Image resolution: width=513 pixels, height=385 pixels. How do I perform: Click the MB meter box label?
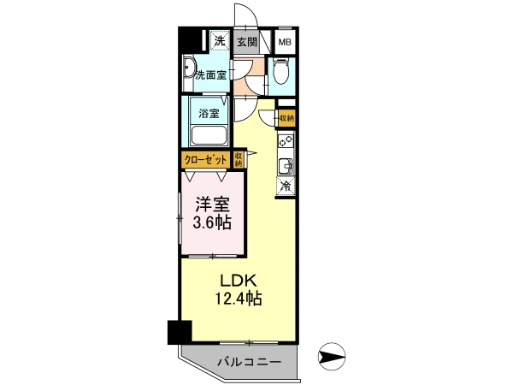click(x=285, y=42)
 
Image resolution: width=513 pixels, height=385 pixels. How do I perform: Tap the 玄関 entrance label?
click(x=247, y=42)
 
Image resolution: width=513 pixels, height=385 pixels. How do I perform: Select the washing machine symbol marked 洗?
click(x=220, y=40)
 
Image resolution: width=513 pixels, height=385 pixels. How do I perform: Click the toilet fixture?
click(x=280, y=71)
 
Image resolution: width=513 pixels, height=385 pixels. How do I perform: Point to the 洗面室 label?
click(x=211, y=75)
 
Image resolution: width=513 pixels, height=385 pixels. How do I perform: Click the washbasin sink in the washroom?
click(x=189, y=68)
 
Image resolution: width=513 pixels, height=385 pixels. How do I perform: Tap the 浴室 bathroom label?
click(x=209, y=114)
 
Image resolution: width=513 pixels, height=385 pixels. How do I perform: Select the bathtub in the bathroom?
click(x=209, y=135)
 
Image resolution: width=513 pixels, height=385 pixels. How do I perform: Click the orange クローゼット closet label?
click(x=206, y=160)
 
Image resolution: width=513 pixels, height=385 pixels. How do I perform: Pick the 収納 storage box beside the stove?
click(x=287, y=118)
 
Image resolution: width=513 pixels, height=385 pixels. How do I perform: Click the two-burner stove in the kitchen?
click(x=286, y=141)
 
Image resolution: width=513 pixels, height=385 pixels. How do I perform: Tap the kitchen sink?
click(x=286, y=166)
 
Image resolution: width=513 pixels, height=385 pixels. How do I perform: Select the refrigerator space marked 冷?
click(x=286, y=186)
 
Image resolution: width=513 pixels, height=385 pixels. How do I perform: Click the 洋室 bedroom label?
click(x=213, y=205)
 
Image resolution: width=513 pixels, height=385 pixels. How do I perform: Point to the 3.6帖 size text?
click(x=212, y=223)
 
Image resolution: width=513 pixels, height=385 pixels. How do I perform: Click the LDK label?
click(x=238, y=281)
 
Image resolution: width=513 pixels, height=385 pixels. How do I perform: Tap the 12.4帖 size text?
click(x=239, y=299)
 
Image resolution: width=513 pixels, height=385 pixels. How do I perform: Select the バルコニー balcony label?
click(x=250, y=362)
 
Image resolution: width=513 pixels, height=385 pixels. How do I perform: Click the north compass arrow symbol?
click(x=332, y=356)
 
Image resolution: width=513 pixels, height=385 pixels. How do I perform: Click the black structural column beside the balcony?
click(x=180, y=332)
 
